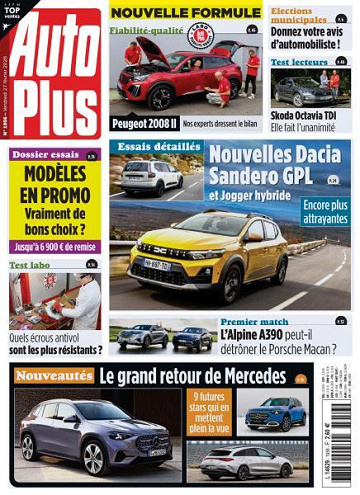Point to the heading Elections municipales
[x=299, y=15]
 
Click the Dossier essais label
[x=43, y=156]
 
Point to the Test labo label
[x=31, y=265]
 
